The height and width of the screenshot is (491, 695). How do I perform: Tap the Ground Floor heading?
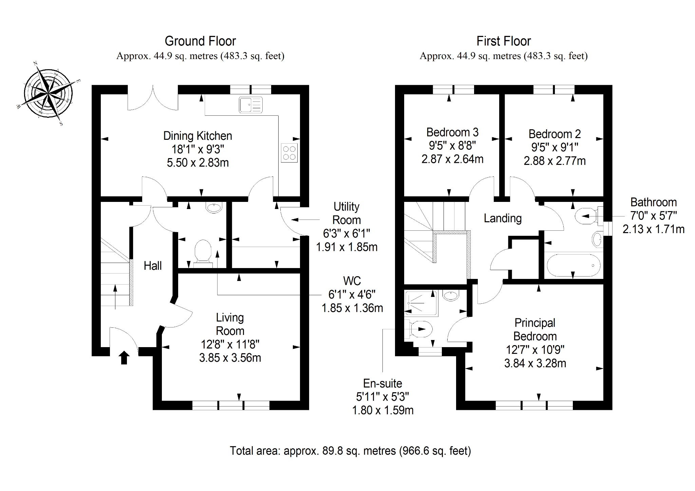(200, 41)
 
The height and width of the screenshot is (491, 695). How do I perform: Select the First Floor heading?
(504, 41)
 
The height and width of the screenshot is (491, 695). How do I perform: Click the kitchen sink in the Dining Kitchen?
(251, 105)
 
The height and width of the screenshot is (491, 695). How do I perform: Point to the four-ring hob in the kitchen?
(289, 152)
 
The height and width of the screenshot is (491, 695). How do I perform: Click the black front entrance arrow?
(124, 358)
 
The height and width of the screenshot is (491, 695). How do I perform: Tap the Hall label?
(153, 266)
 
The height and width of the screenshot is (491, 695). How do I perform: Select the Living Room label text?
(230, 324)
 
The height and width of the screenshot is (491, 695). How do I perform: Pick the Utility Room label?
(346, 213)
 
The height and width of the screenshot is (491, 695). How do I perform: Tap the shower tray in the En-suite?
(421, 303)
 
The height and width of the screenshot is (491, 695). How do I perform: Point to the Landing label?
(503, 218)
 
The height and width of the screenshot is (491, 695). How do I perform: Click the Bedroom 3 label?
(452, 132)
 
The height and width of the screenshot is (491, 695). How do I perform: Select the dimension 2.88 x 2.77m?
(555, 161)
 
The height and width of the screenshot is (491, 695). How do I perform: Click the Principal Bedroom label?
(535, 329)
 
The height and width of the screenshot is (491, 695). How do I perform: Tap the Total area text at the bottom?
(351, 451)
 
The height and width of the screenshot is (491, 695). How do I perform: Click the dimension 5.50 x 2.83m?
(198, 163)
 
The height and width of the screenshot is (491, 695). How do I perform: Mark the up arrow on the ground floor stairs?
(115, 297)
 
